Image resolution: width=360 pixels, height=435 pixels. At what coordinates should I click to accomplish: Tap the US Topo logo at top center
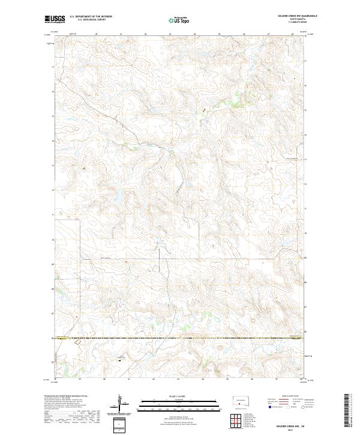(x=179, y=20)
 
